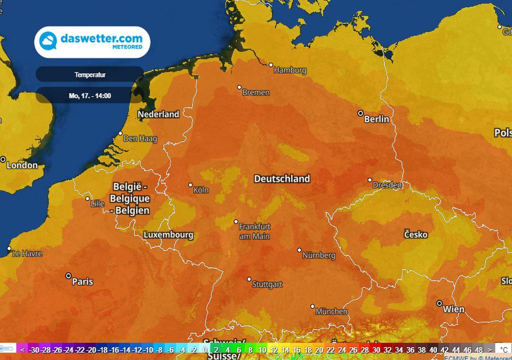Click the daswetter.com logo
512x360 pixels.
92,42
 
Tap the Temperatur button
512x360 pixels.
90,75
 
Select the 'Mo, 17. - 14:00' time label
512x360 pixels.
90,95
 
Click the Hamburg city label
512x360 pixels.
290,70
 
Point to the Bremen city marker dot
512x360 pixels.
239,87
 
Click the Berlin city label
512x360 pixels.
376,119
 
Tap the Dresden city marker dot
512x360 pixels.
369,180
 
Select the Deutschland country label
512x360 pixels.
282,178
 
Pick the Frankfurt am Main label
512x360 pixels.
254,231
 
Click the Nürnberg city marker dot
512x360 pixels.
299,250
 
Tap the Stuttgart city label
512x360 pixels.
267,284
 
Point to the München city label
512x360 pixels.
331,311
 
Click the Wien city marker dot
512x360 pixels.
439,303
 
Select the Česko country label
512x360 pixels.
415,234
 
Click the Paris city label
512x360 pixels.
82,281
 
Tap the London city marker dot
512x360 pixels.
3,159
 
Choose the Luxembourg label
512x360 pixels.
168,234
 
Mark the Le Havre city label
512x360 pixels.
27,253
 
